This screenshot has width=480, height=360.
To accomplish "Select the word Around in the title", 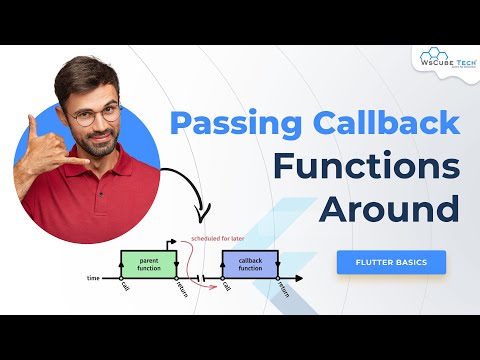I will [x=390, y=209].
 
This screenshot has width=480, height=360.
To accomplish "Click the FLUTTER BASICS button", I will [x=392, y=263].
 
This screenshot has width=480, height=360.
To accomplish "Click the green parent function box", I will [x=148, y=264].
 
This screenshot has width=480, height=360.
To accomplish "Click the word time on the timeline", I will [x=93, y=278].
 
